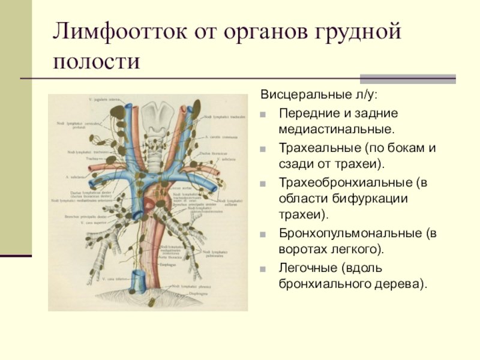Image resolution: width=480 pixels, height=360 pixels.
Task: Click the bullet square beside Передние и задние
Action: (265, 113)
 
